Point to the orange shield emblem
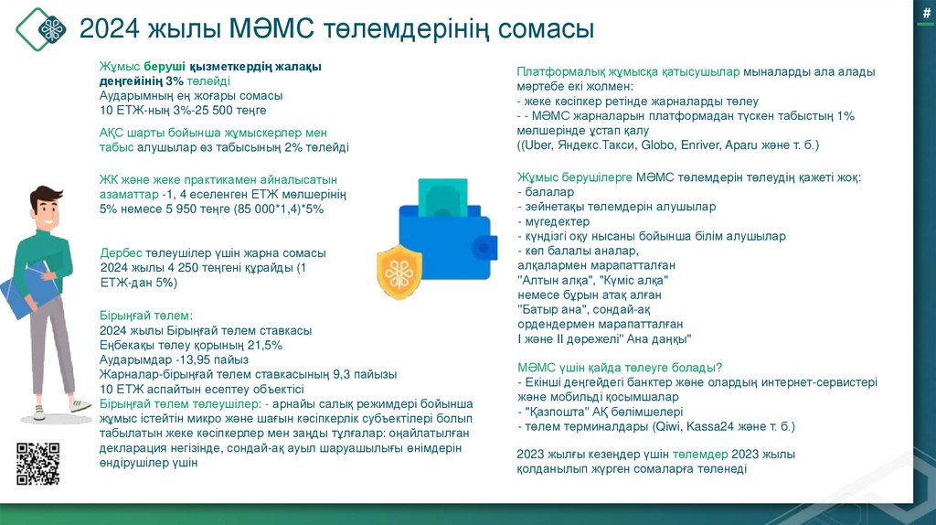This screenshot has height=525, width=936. [399, 272]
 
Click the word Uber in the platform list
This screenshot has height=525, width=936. [536, 145]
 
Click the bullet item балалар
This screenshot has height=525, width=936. [548, 192]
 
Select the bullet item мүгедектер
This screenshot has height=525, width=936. [558, 221]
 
